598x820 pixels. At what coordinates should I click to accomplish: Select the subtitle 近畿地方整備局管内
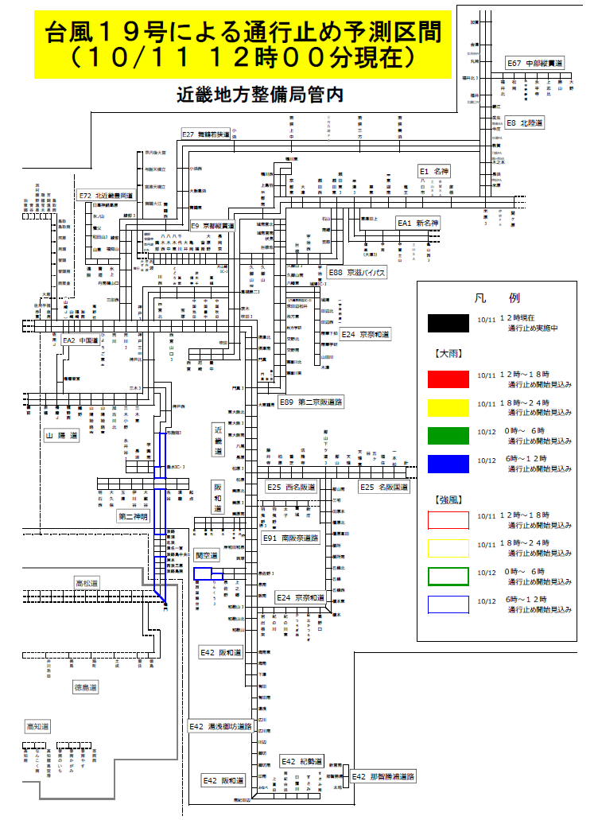click(x=260, y=95)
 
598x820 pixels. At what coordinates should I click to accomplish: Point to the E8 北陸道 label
click(x=524, y=123)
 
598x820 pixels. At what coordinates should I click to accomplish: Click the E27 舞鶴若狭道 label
click(x=206, y=134)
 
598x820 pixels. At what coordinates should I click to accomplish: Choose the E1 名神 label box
click(x=435, y=171)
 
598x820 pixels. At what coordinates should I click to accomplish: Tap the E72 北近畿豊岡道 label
click(x=106, y=194)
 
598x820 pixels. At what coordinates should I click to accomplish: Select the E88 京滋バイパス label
click(x=357, y=273)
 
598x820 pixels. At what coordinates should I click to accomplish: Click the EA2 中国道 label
click(x=80, y=340)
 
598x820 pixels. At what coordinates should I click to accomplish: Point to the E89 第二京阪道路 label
click(x=310, y=402)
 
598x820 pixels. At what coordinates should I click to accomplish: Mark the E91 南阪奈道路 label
click(x=290, y=538)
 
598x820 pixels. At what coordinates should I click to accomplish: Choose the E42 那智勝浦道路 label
click(x=382, y=776)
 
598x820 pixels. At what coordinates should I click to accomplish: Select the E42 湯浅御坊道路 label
click(x=220, y=726)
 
